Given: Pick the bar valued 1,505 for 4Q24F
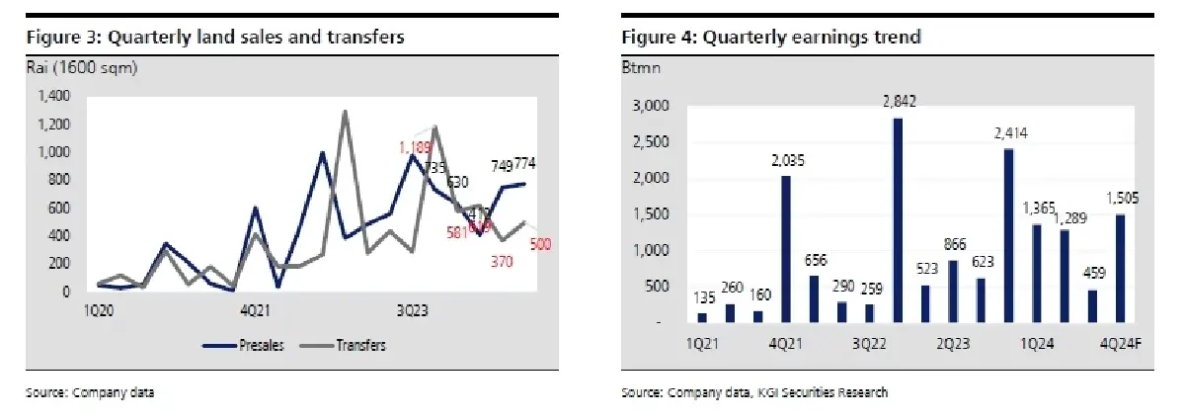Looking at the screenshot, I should tap(1120, 268).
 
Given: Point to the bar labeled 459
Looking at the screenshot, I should tap(1092, 305).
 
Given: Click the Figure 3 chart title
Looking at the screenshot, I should tap(214, 38).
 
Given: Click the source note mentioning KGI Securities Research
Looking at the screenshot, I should tap(754, 393).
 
